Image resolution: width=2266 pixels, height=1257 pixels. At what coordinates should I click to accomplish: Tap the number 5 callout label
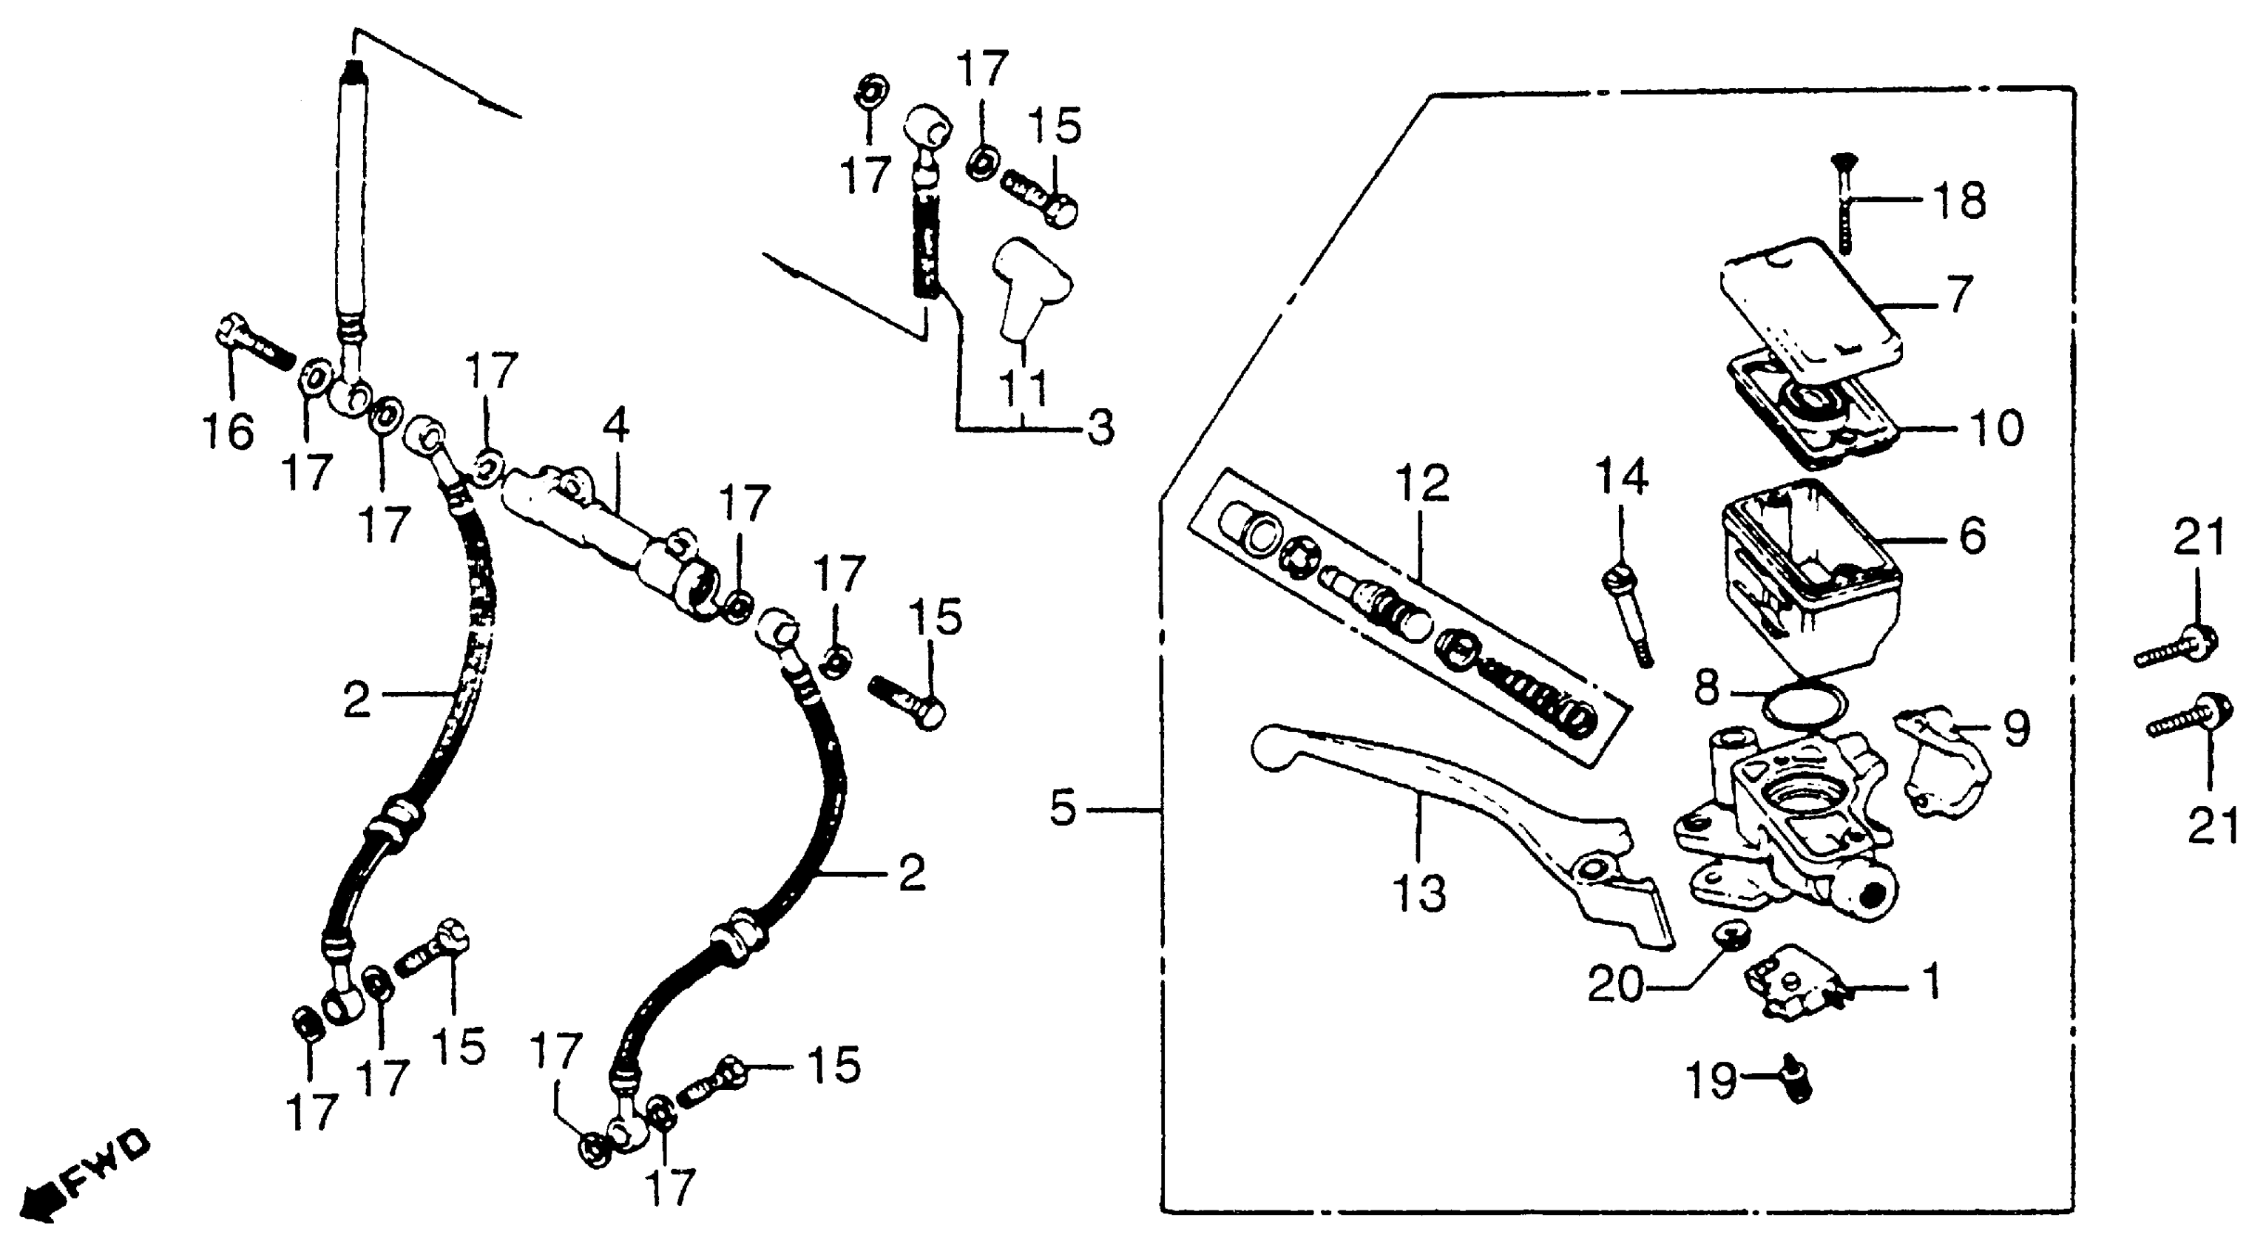click(1063, 808)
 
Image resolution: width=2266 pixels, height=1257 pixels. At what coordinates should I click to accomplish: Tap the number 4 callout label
click(617, 426)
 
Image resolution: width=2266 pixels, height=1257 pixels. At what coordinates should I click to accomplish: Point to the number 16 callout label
click(229, 431)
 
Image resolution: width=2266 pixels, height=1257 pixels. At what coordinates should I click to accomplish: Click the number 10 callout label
click(1996, 428)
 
